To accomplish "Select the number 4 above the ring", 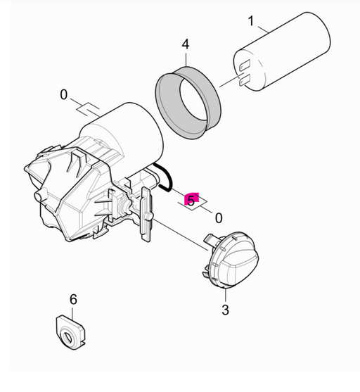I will tap(185, 44).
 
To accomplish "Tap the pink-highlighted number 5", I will tap(191, 200).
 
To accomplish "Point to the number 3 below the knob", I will tap(225, 310).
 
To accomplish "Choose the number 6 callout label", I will tap(72, 301).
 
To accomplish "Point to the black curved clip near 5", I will tap(165, 177).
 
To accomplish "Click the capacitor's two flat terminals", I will tap(245, 74).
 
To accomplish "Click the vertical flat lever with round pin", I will tap(146, 215).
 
